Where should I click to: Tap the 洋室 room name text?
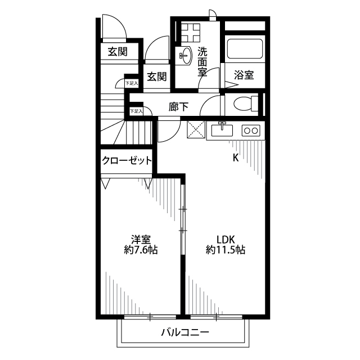(x=140, y=238)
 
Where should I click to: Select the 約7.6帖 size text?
(x=140, y=250)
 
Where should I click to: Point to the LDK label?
(x=225, y=238)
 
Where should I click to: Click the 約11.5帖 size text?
(x=225, y=250)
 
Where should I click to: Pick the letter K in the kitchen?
(x=236, y=157)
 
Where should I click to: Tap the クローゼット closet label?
(x=127, y=161)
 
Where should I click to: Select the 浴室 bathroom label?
(x=244, y=75)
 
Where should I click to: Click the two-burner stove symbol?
(x=250, y=130)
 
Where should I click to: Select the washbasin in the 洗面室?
(x=184, y=55)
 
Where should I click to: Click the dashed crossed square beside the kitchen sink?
(x=196, y=130)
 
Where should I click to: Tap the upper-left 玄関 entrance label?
(x=117, y=52)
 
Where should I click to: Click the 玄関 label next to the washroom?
(x=157, y=76)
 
